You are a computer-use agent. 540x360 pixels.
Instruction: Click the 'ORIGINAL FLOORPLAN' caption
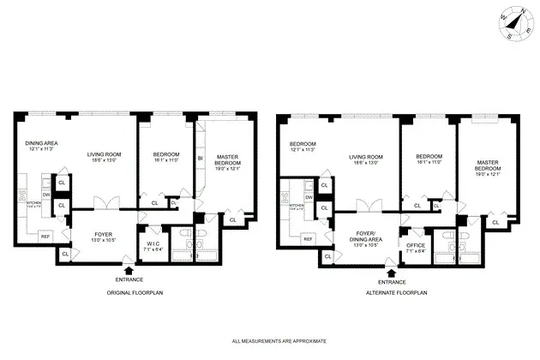(129, 293)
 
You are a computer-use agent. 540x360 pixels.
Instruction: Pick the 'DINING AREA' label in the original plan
(40, 143)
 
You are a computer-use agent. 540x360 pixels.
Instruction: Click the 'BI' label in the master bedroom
(200, 159)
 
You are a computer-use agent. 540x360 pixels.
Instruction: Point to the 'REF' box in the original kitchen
(45, 236)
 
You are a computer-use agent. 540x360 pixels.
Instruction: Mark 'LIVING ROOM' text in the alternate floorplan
(366, 157)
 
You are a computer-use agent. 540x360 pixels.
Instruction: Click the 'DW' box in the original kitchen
(46, 195)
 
